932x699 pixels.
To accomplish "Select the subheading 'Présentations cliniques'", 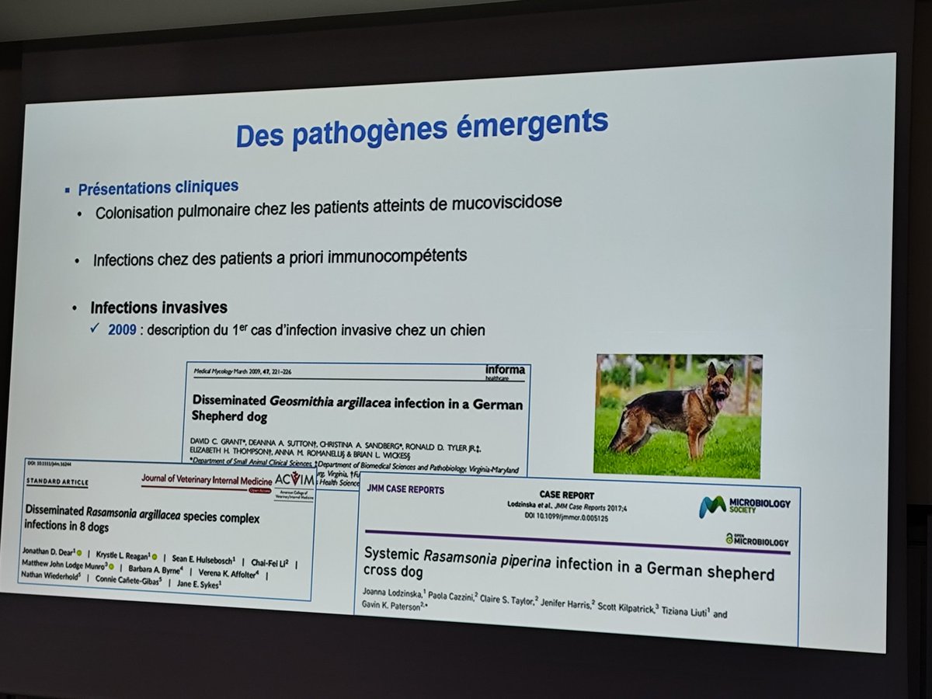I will click(158, 188).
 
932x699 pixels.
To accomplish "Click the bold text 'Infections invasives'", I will click(158, 308).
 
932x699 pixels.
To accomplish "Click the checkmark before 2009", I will click(94, 330).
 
